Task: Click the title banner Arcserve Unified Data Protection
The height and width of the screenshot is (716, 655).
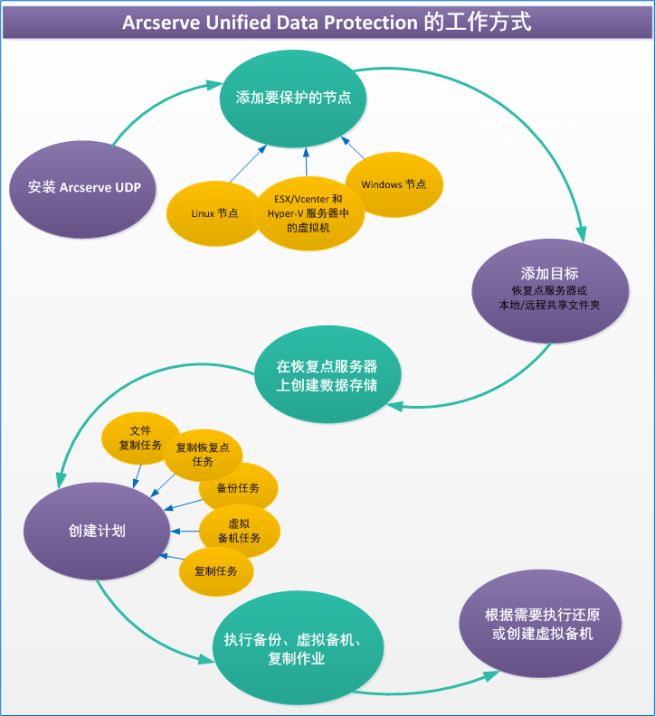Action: coord(327,22)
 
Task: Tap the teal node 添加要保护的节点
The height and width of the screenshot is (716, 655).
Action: coord(293,98)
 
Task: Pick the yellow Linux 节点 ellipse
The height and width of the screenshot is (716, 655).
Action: coord(214,213)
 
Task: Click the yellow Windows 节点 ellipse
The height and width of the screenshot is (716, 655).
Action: coord(394,184)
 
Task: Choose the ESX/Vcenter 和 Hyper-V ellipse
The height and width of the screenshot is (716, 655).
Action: coord(306,213)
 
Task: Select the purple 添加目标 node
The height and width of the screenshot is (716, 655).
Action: coord(550,287)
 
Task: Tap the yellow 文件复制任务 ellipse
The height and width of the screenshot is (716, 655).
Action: coord(139,438)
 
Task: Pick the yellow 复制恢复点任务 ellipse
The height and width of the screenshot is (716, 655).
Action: coord(203,454)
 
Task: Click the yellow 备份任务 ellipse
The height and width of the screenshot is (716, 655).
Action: coord(238,488)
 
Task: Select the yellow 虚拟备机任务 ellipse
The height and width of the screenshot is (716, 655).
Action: coord(239,531)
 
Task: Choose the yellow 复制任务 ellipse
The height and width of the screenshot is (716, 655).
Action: coord(215,571)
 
